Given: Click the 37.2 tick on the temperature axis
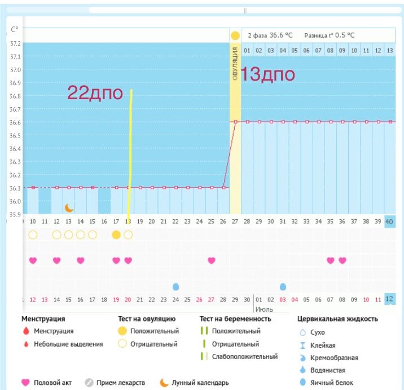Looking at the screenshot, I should point(15,43).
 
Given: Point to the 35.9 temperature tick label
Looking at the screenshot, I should point(15,215).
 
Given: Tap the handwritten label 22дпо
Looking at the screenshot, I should point(95,93).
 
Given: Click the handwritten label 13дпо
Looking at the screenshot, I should point(267,75).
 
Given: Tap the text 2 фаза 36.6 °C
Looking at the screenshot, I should point(270,35).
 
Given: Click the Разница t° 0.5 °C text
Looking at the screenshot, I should point(330,35).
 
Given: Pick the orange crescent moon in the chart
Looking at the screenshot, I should point(69,208).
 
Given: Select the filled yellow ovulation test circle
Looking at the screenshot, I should point(116,234).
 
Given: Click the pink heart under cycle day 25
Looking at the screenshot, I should point(211,260).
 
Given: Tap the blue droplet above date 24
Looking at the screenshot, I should point(175,286).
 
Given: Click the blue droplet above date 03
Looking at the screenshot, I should point(283,286).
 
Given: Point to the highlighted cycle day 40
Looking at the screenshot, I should point(389,221).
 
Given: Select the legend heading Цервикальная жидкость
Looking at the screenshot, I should point(337,319).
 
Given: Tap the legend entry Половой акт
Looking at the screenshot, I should point(54,383).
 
